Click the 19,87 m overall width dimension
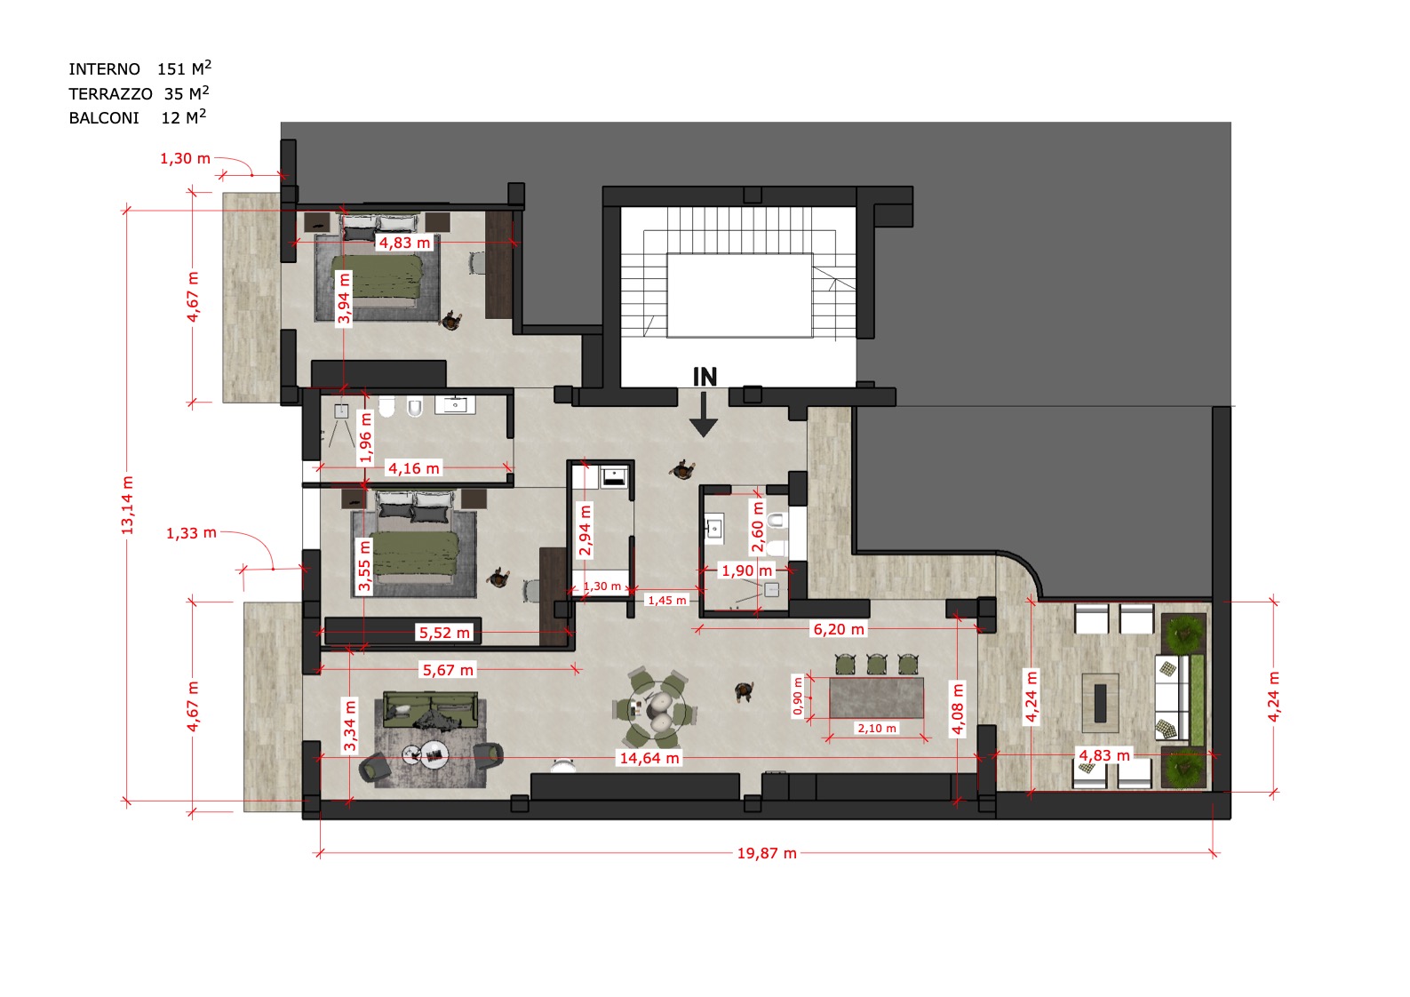click(767, 853)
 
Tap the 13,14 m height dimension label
click(128, 506)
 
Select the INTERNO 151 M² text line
click(139, 68)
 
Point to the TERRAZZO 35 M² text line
click(139, 93)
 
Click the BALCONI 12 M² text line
click(137, 117)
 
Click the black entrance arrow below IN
click(704, 414)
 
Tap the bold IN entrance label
click(705, 377)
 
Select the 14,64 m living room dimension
click(649, 758)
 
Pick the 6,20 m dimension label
click(839, 629)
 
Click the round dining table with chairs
click(656, 706)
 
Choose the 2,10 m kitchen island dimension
click(877, 729)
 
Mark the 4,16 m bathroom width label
click(413, 468)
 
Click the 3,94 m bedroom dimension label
click(344, 298)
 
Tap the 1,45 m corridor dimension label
click(667, 601)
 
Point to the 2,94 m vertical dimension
click(585, 530)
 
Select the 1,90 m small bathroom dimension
click(746, 570)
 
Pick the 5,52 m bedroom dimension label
click(444, 633)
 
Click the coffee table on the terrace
click(1100, 703)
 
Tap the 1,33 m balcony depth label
click(191, 533)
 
